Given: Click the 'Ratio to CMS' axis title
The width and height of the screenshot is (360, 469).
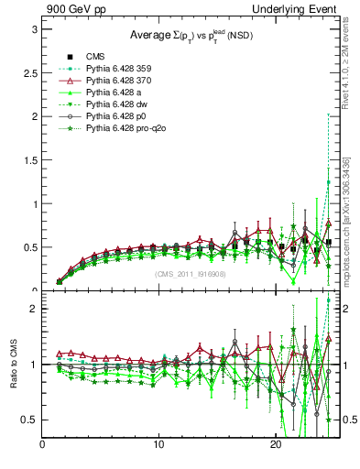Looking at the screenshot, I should tap(13, 364).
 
